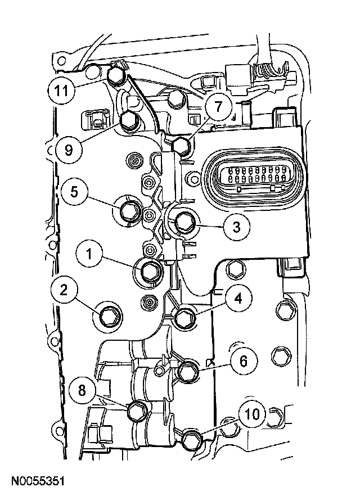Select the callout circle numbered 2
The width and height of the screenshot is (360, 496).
[65, 291]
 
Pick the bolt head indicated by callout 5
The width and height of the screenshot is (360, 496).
[127, 210]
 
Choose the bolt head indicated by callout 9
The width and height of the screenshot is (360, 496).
[127, 119]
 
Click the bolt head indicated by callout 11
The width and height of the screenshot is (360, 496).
[119, 75]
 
